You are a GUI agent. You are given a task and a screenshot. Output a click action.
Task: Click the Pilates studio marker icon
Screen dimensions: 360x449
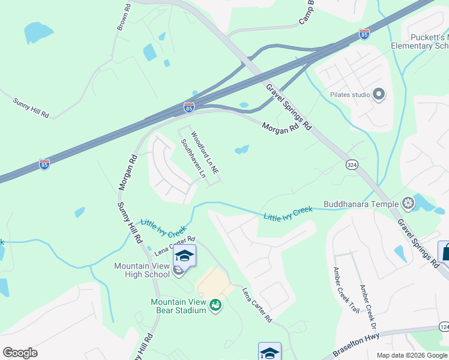(x=379, y=94)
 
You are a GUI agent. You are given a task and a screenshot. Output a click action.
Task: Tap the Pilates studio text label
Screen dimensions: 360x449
(x=350, y=95)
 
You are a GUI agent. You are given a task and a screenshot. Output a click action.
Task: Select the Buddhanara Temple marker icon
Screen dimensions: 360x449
(x=408, y=204)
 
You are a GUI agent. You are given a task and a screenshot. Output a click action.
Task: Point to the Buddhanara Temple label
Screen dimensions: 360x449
(x=361, y=204)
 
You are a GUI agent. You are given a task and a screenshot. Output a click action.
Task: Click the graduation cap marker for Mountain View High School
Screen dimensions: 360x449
(x=184, y=256)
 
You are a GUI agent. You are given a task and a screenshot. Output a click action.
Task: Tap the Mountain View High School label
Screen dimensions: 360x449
(x=142, y=270)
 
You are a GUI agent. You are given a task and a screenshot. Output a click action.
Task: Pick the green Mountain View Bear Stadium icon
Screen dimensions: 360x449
(x=215, y=306)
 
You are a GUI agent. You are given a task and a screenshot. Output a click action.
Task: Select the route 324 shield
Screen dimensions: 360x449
(x=352, y=164)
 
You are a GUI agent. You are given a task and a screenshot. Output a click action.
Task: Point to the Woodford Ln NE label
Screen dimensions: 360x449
(x=204, y=152)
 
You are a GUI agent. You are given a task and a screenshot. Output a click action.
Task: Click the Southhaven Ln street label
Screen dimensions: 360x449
(x=193, y=159)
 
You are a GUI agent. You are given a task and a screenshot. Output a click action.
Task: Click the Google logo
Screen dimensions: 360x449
(x=20, y=353)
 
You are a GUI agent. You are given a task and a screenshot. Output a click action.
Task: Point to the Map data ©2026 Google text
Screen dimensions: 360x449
(x=411, y=355)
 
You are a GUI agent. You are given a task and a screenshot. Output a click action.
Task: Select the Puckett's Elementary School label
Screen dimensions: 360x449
(x=420, y=41)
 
